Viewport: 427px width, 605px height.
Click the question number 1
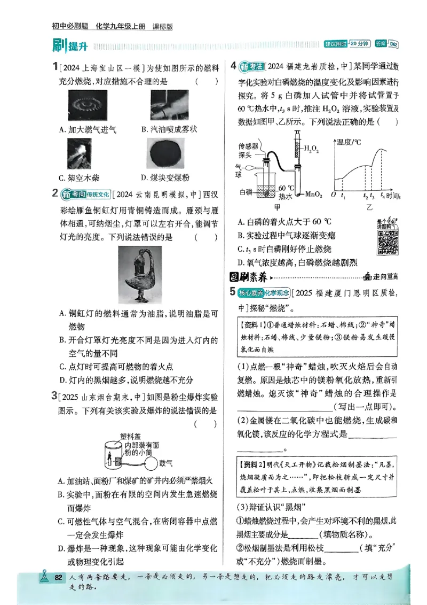pos(55,67)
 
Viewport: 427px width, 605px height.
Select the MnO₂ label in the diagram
pos(313,196)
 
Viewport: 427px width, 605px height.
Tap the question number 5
pos(232,291)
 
